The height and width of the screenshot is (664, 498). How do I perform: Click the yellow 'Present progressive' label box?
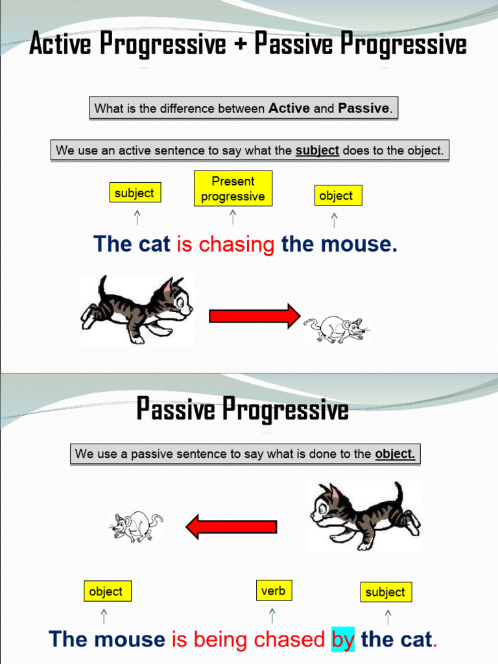pyautogui.click(x=233, y=189)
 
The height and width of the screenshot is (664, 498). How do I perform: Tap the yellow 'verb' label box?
pyautogui.click(x=273, y=591)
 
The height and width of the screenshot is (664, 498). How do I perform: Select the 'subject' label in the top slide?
pyautogui.click(x=134, y=193)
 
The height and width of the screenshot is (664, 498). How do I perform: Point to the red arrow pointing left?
pyautogui.click(x=231, y=526)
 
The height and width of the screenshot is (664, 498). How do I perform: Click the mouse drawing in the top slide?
pyautogui.click(x=335, y=328)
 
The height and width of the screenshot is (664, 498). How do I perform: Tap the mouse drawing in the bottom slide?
pyautogui.click(x=135, y=526)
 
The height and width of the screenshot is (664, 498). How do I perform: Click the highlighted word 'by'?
pyautogui.click(x=343, y=639)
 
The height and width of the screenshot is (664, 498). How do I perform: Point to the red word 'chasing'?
pyautogui.click(x=237, y=244)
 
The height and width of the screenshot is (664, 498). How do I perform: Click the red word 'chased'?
pyautogui.click(x=290, y=639)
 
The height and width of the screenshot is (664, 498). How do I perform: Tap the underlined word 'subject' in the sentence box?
pyautogui.click(x=317, y=150)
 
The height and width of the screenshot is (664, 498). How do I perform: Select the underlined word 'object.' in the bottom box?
pyautogui.click(x=394, y=454)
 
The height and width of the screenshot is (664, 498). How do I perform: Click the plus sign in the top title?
pyautogui.click(x=240, y=45)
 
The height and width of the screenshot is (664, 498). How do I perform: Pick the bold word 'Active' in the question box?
pyautogui.click(x=289, y=108)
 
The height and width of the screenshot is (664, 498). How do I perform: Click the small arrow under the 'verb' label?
pyautogui.click(x=272, y=615)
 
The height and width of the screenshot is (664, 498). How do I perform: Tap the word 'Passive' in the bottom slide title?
pyautogui.click(x=176, y=410)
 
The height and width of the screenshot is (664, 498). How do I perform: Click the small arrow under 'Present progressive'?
pyautogui.click(x=233, y=217)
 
